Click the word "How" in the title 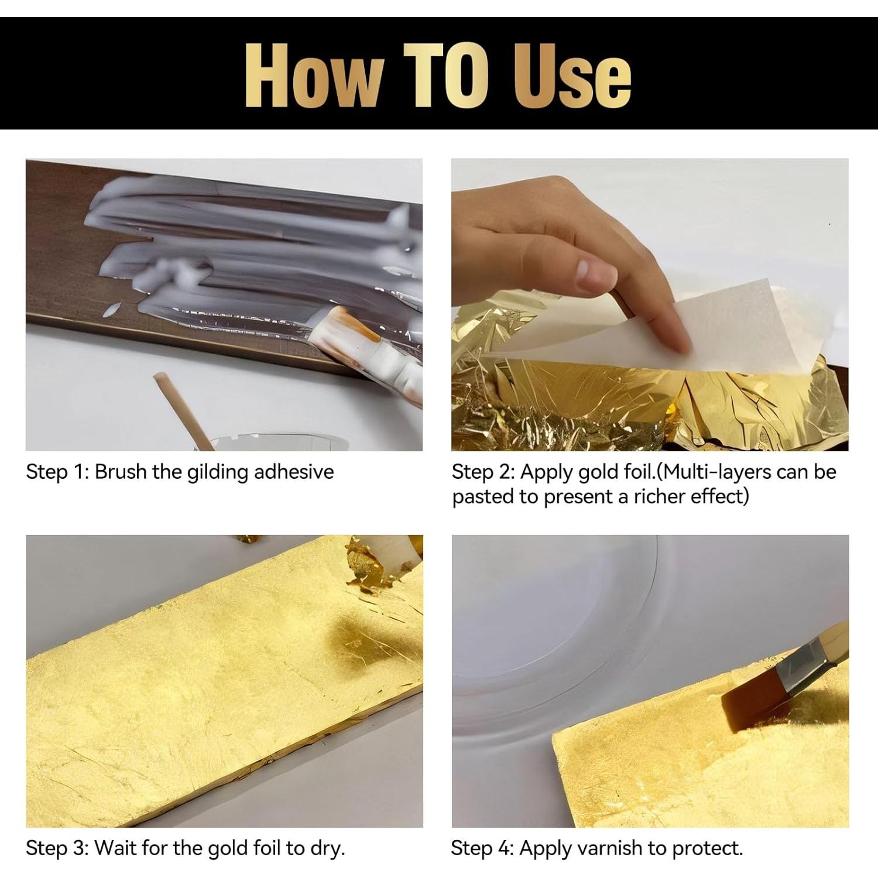click(x=313, y=76)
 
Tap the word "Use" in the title click(x=572, y=76)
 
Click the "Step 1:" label click(x=57, y=472)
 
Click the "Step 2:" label click(x=482, y=472)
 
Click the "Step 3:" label click(x=57, y=848)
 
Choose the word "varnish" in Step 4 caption click(x=623, y=848)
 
